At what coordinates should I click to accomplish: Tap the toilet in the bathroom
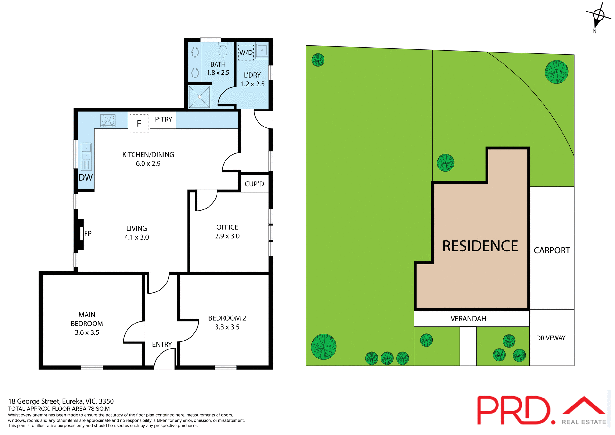click(x=223, y=50)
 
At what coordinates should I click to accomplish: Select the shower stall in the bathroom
click(x=199, y=97)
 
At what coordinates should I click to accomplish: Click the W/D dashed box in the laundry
click(x=246, y=52)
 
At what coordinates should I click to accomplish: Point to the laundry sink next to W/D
click(x=262, y=50)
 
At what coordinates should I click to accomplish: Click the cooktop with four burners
click(x=108, y=120)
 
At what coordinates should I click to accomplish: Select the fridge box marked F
click(x=139, y=123)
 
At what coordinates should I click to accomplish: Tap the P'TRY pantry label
click(x=163, y=119)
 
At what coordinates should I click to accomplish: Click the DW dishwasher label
click(x=86, y=178)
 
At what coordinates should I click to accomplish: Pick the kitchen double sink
click(x=86, y=152)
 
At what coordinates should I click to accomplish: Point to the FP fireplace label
click(x=88, y=234)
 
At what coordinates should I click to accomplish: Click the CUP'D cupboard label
click(x=254, y=184)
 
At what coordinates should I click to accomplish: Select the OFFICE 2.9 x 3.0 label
click(x=227, y=232)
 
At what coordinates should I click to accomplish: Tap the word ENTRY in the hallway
click(x=162, y=344)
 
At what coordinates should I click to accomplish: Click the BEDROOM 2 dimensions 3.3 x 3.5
click(x=227, y=327)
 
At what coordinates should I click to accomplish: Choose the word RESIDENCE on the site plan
click(x=480, y=246)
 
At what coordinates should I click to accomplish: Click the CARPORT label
click(x=552, y=250)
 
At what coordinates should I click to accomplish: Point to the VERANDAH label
click(x=468, y=319)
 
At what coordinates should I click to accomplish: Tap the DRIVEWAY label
click(x=551, y=338)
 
